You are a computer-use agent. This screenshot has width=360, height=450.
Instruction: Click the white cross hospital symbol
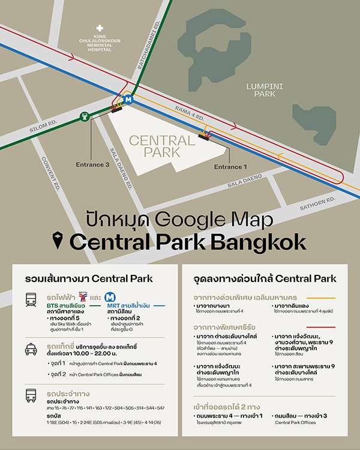click(x=99, y=27)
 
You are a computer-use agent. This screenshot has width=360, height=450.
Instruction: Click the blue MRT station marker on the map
click(x=127, y=100)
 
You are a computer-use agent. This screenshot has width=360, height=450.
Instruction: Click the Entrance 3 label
click(x=92, y=164)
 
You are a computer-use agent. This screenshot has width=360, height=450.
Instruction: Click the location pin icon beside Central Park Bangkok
click(x=57, y=241)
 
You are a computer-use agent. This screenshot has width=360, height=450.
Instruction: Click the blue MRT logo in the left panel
click(x=109, y=297)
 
